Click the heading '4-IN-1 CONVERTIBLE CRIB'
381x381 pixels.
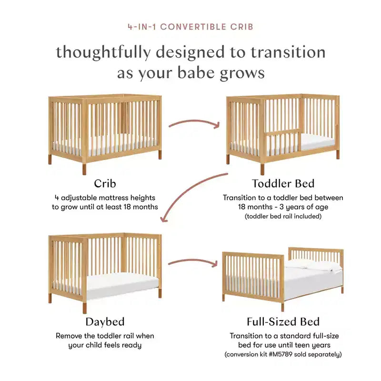pos(190,27)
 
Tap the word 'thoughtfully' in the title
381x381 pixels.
pos(103,53)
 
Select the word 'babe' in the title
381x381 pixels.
pos(196,73)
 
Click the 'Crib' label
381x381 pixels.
pos(105,183)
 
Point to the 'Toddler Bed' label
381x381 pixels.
pos(283,183)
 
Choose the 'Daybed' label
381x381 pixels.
pos(105,322)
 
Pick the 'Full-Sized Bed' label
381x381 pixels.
pos(283,322)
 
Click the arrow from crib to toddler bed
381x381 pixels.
pos(194,121)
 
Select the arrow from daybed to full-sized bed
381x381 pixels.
pos(193,261)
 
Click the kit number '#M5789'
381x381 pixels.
pos(281,354)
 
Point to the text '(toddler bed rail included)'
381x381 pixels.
pos(283,216)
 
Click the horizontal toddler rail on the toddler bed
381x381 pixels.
pos(282,132)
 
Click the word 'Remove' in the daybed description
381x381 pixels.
pos(69,336)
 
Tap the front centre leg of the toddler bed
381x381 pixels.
pos(262,170)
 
